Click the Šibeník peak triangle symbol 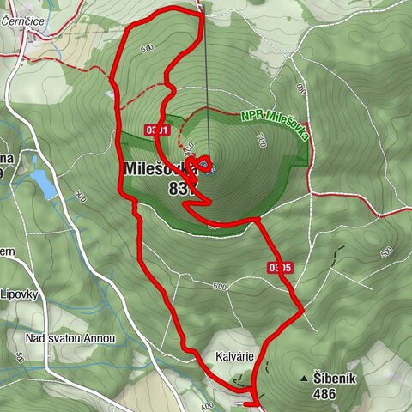pos(303,378)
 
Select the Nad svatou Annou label pos(70,339)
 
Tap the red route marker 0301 pos(158,130)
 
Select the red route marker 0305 pos(280,268)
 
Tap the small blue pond pos(42,181)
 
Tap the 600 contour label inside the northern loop pos(147,49)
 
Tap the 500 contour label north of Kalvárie pos(219,286)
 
